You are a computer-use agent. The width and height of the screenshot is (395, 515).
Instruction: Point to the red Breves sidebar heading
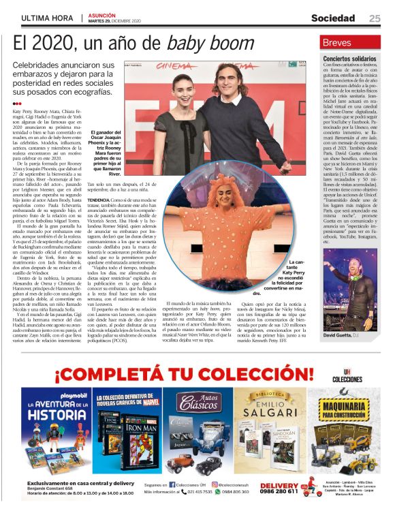pos(338,42)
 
